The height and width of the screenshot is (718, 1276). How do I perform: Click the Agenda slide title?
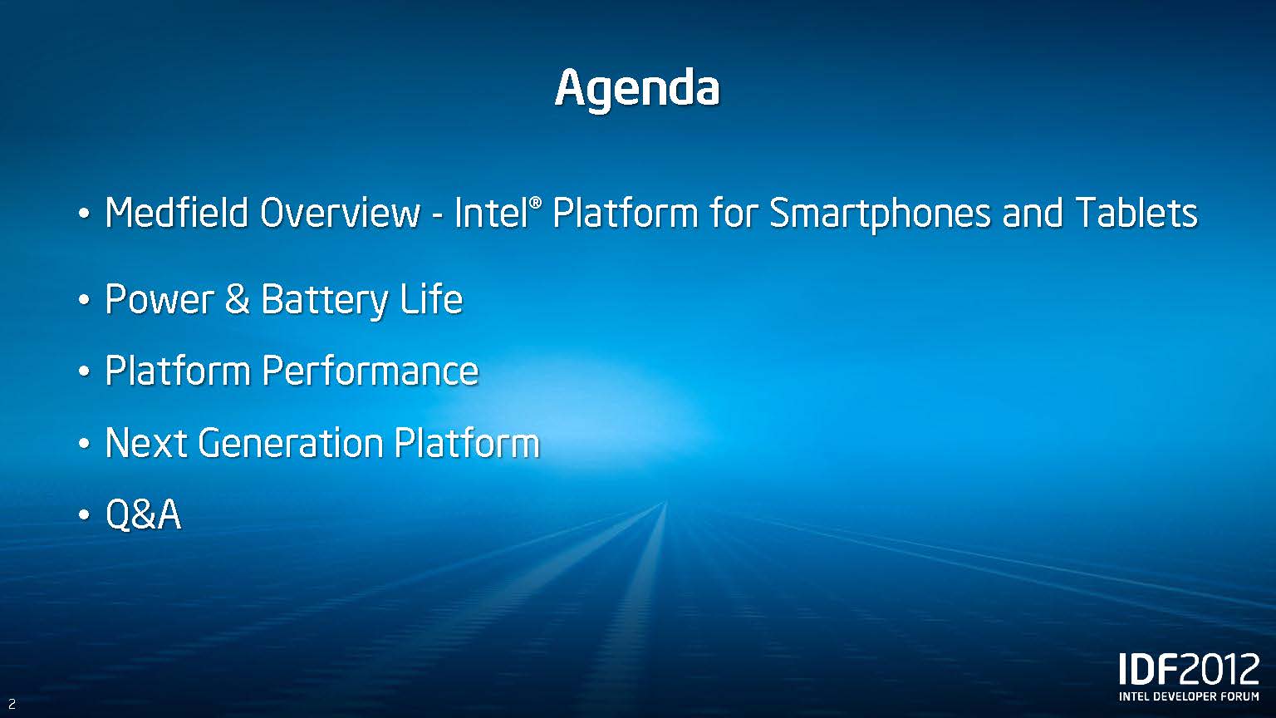tap(637, 90)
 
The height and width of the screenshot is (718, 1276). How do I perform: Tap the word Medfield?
tap(177, 213)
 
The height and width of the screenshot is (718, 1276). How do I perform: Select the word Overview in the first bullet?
tap(340, 213)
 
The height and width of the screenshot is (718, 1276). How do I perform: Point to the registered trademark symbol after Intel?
tap(536, 203)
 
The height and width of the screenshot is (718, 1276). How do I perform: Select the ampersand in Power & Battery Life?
tap(238, 299)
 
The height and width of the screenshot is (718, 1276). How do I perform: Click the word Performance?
tap(371, 371)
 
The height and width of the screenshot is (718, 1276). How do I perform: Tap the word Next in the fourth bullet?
tap(146, 443)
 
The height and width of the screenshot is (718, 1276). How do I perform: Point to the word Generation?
tap(291, 443)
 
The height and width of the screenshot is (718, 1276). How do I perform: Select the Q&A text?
tap(143, 514)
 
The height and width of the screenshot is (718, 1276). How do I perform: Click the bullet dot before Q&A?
tap(84, 515)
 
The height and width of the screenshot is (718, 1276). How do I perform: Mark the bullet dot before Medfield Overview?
tap(84, 214)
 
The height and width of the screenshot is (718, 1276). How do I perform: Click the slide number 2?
tap(12, 704)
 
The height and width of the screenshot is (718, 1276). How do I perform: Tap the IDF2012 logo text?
tap(1189, 669)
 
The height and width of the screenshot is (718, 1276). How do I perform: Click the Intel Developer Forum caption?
tap(1189, 696)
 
